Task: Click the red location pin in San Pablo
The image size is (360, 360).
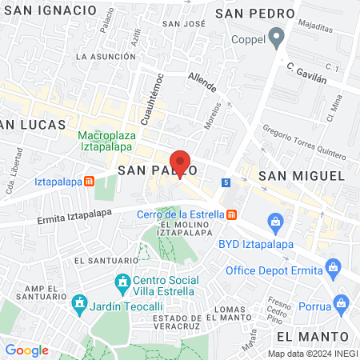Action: click(181, 163)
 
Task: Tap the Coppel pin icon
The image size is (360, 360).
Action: click(277, 37)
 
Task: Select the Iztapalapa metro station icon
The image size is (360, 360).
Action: click(90, 181)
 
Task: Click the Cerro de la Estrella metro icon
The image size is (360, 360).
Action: click(231, 214)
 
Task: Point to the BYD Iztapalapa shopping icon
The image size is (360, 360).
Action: click(274, 220)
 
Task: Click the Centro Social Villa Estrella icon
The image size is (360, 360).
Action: click(122, 282)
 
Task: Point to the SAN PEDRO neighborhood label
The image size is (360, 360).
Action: click(251, 13)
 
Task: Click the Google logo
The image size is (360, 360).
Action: click(26, 350)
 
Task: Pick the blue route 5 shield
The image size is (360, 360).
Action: click(227, 182)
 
